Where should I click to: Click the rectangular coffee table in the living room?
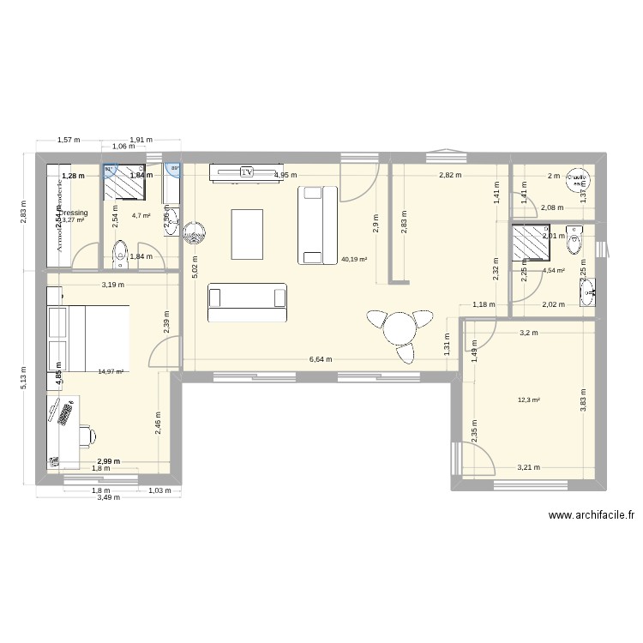[247, 232]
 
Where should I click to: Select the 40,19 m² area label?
[354, 258]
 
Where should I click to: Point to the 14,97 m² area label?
[111, 371]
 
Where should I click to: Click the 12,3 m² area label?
[529, 399]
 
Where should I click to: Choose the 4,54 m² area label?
[553, 271]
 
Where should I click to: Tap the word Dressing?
[73, 213]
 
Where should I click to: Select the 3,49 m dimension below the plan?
[108, 497]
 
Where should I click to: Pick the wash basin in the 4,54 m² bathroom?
[590, 292]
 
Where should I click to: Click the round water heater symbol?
[191, 231]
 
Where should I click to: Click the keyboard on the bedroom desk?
[65, 413]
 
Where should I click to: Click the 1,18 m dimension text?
[484, 304]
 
